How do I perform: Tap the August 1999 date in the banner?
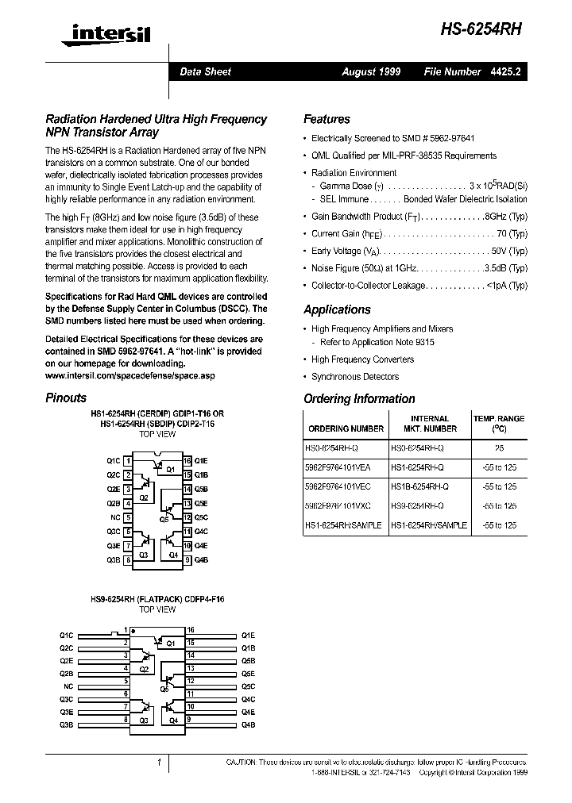(x=371, y=71)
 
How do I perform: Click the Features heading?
(x=327, y=120)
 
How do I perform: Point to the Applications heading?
(x=337, y=310)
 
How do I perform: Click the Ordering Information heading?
(x=359, y=399)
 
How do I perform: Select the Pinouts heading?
(x=66, y=398)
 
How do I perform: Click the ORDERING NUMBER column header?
(x=346, y=428)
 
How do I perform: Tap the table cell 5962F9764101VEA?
(x=343, y=467)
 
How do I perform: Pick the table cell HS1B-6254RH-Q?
(x=419, y=486)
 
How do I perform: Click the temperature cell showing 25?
(x=499, y=448)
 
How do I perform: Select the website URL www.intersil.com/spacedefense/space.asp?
(x=130, y=374)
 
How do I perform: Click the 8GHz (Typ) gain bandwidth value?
(x=507, y=217)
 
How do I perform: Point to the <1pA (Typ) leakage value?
(x=508, y=286)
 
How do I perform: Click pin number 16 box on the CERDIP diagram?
(x=187, y=461)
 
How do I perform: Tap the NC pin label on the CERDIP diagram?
(x=114, y=517)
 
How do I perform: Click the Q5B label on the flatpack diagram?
(x=248, y=660)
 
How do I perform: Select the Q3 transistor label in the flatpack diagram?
(x=144, y=720)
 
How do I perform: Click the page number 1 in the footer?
(x=160, y=763)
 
